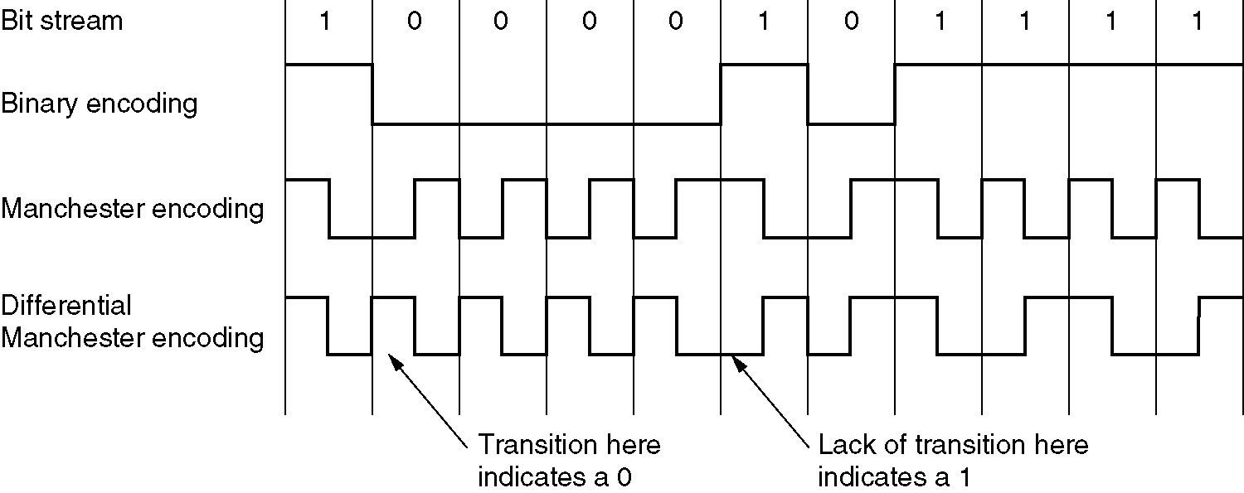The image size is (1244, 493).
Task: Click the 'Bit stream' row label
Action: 61,20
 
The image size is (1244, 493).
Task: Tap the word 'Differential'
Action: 66,305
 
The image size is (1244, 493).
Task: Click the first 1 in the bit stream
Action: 325,22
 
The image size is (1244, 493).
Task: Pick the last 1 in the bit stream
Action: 1197,22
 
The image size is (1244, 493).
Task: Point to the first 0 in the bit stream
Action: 413,22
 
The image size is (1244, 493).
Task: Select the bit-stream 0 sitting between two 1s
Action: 851,22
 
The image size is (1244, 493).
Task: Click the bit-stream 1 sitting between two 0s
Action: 763,22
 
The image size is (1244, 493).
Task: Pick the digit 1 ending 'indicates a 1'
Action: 964,478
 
